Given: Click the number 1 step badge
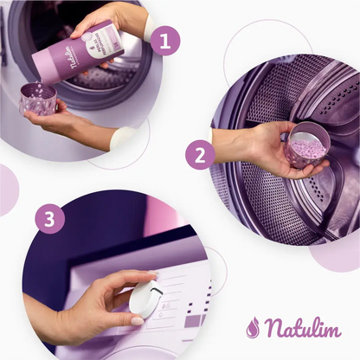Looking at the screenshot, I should point(164,40).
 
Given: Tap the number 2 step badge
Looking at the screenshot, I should point(200,156).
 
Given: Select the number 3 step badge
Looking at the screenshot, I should point(50,219).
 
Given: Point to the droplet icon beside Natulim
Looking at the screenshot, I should point(253,328).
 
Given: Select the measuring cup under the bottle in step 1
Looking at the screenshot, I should point(38,98).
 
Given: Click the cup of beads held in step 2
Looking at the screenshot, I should point(307,145).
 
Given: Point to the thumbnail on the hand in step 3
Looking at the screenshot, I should point(137,320).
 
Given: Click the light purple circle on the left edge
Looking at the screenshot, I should point(6,190).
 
